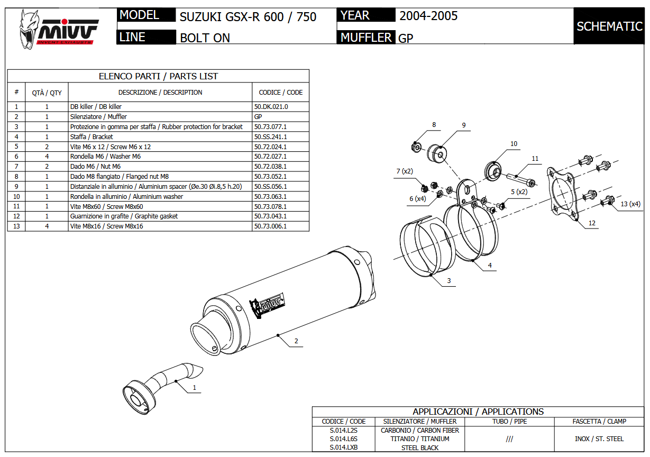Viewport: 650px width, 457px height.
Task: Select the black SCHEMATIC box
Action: (x=609, y=26)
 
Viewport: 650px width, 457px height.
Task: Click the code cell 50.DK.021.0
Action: (x=272, y=106)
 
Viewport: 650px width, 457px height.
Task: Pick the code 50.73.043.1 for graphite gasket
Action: (x=270, y=216)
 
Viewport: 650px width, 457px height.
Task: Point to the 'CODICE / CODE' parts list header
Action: (x=280, y=92)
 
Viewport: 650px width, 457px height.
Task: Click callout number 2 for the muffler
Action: (x=296, y=341)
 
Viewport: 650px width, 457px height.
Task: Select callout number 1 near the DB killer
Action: (x=194, y=388)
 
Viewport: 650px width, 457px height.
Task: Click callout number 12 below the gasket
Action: (x=592, y=223)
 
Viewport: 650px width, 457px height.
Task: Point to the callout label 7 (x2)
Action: (x=405, y=171)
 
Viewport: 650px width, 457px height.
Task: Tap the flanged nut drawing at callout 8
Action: (x=416, y=145)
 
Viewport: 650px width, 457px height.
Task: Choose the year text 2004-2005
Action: (x=428, y=16)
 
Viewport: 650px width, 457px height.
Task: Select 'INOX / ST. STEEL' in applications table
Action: (x=599, y=439)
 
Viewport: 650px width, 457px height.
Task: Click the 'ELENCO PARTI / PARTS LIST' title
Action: (x=158, y=76)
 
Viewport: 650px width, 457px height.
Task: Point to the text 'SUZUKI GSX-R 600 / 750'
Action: (x=248, y=17)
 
